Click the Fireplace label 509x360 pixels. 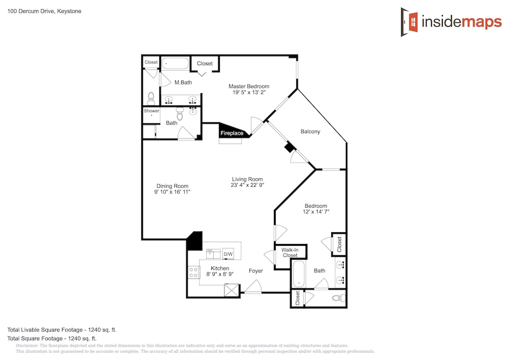232,133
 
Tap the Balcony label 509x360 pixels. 310,131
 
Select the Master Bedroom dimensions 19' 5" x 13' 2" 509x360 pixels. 249,93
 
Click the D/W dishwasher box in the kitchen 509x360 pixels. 228,254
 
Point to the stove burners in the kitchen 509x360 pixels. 194,272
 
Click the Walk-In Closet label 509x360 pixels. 290,253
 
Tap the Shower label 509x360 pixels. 152,110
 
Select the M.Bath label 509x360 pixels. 183,82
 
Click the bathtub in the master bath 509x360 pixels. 175,64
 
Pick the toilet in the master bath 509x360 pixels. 151,99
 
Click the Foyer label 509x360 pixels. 256,271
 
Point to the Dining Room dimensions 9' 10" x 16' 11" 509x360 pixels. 172,192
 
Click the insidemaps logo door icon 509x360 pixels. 409,22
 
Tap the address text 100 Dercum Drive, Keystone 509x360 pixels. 44,11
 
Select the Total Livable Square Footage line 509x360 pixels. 62,330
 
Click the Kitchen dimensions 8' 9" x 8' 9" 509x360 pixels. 220,274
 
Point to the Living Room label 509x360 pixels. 247,179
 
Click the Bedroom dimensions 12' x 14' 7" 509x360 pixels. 316,212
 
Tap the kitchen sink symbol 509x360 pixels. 213,254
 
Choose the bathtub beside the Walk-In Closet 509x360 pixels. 299,274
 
